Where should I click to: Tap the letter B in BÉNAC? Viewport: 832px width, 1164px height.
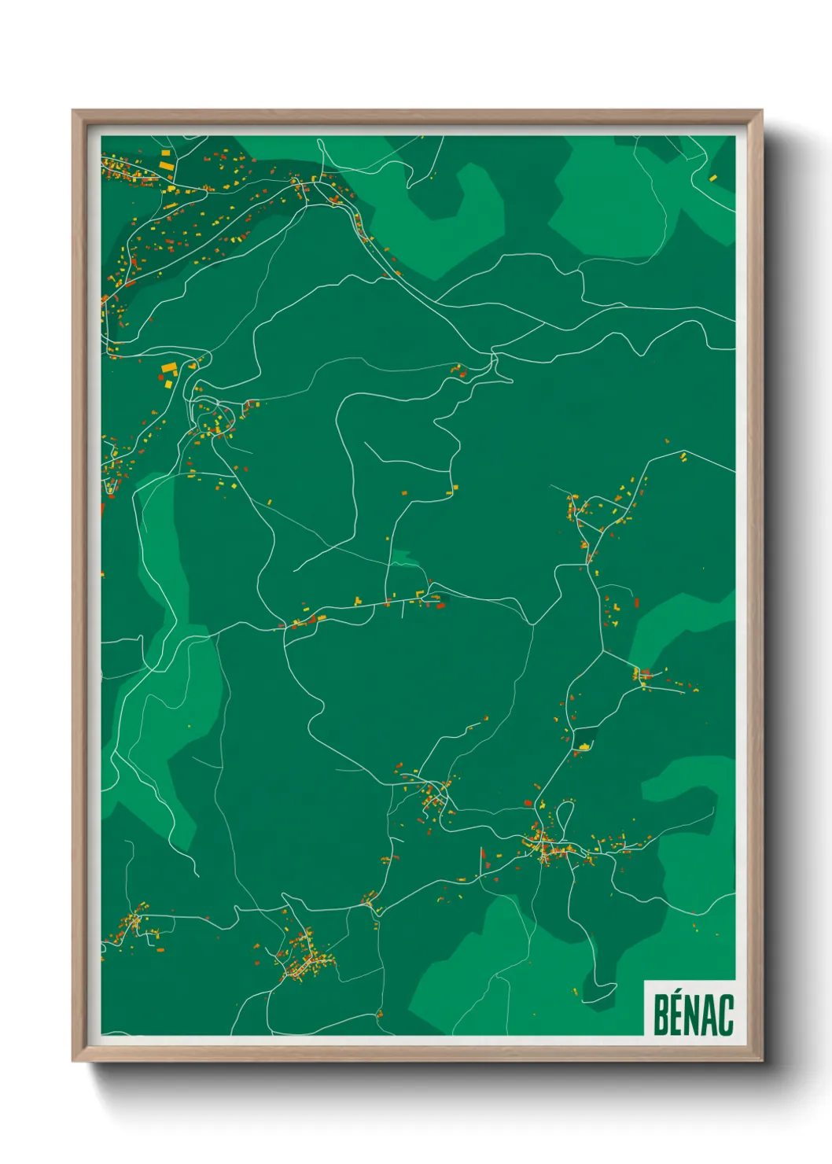(x=661, y=1015)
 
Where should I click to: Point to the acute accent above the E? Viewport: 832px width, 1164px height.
(x=679, y=993)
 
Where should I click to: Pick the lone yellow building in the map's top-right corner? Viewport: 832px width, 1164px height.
(x=712, y=179)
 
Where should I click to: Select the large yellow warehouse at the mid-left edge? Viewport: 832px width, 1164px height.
(x=169, y=367)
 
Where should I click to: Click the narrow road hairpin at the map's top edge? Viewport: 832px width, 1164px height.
(x=321, y=149)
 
